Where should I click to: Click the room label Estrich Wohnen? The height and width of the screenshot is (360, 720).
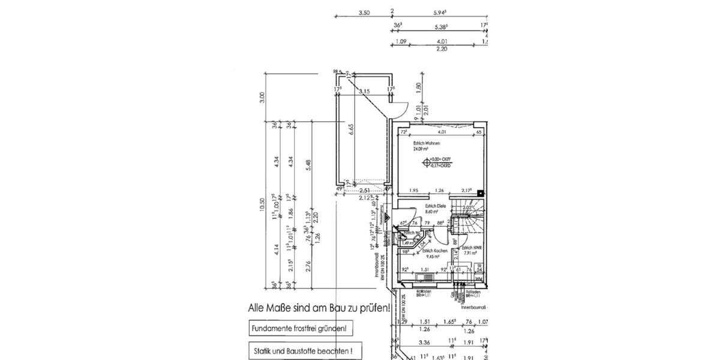(427, 144)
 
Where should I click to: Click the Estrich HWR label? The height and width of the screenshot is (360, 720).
(469, 247)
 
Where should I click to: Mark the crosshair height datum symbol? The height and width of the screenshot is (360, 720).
(427, 161)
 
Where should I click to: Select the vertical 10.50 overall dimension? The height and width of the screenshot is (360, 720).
(261, 205)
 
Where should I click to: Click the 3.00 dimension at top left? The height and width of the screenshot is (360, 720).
(261, 97)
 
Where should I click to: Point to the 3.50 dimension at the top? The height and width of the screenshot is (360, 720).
(364, 12)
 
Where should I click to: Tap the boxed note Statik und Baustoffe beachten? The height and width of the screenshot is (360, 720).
(301, 350)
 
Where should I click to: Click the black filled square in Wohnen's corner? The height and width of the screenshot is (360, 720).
(480, 193)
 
